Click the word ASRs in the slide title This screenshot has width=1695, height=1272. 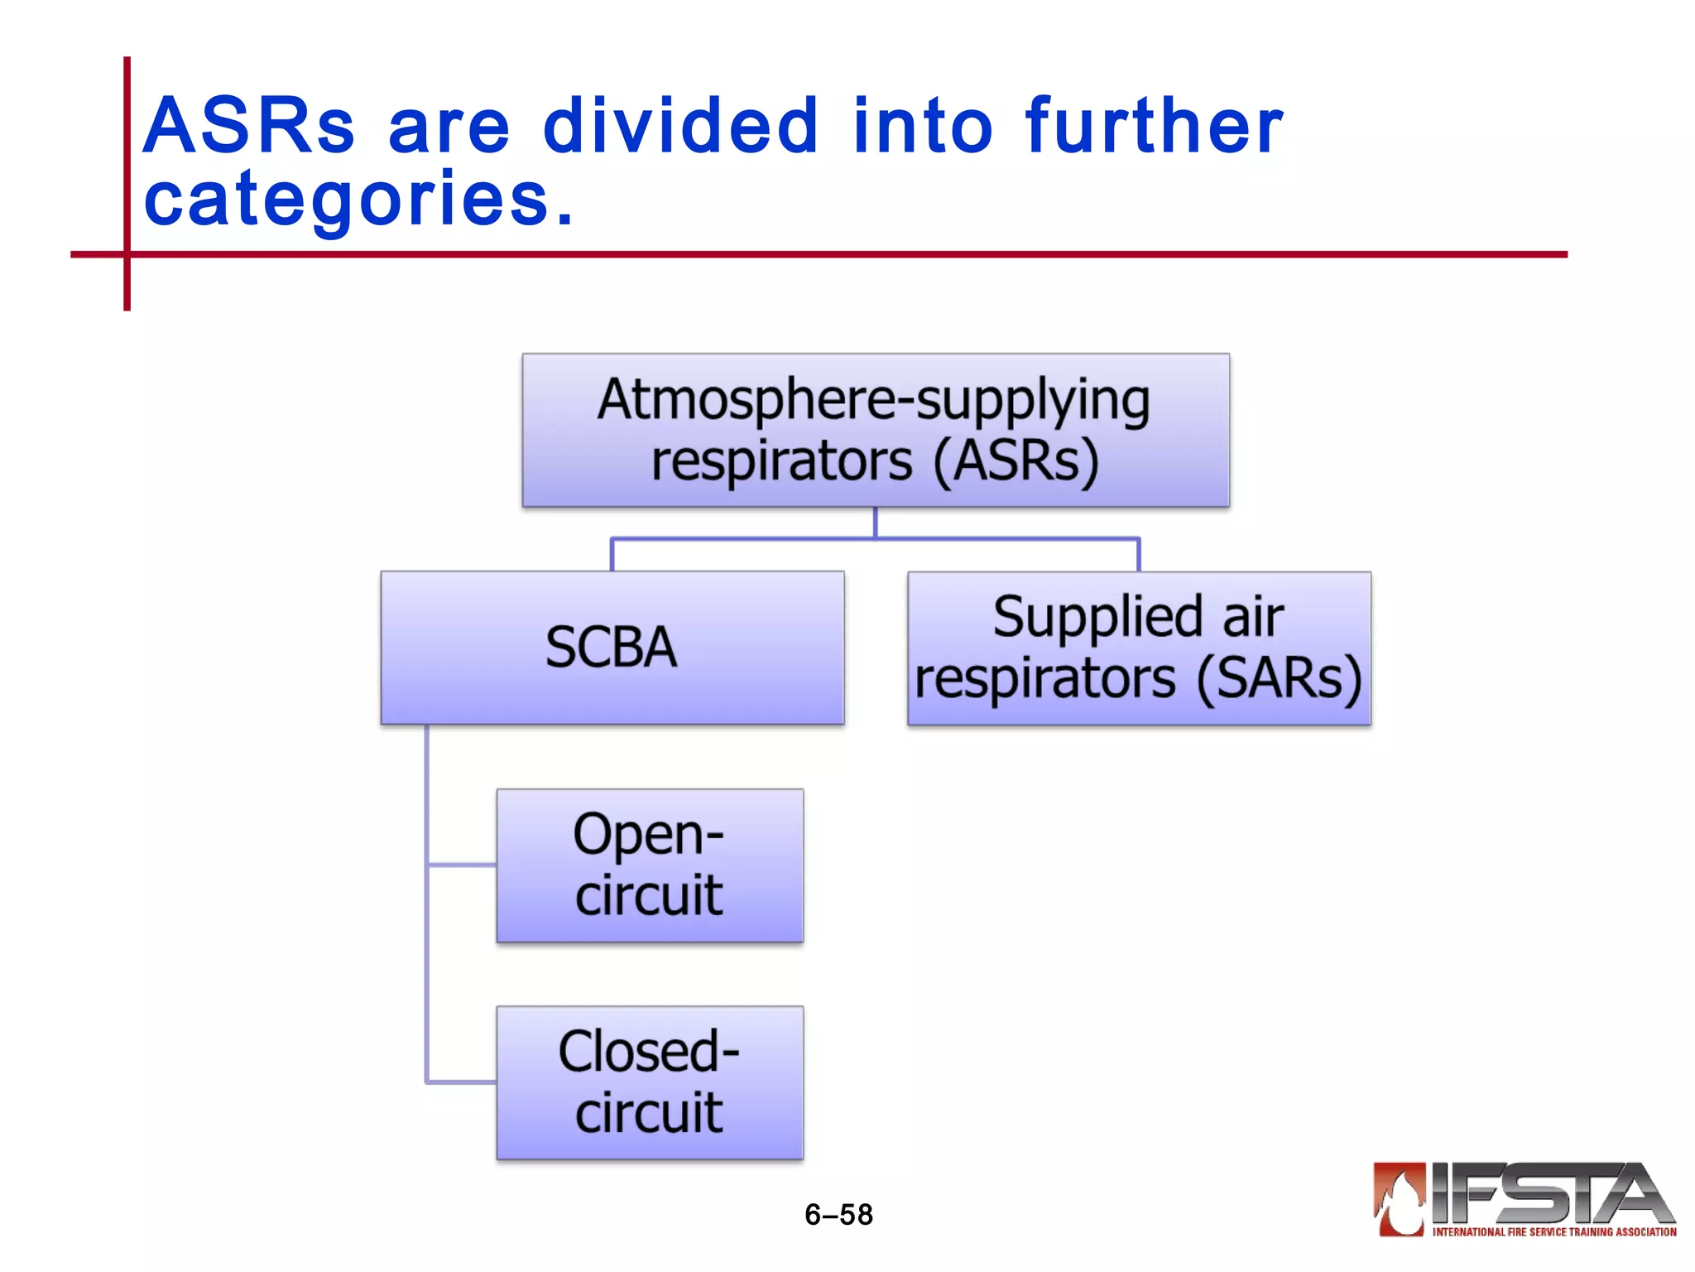[x=248, y=127]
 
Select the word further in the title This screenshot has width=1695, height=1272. [x=1154, y=127]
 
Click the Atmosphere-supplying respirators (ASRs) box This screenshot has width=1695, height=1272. [x=875, y=431]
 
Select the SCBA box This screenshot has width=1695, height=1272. [x=612, y=648]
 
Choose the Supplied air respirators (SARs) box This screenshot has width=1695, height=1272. [x=1139, y=648]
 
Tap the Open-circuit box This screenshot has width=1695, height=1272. [x=650, y=865]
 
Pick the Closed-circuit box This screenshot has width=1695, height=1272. [x=650, y=1082]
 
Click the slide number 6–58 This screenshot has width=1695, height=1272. [x=838, y=1215]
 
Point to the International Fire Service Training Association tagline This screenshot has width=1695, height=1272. [x=1553, y=1232]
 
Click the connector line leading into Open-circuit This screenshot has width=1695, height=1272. [x=462, y=865]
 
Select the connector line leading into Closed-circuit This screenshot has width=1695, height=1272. [x=462, y=1082]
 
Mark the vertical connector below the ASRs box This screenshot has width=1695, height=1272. [x=875, y=523]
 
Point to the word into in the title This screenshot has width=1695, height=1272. [x=922, y=127]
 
